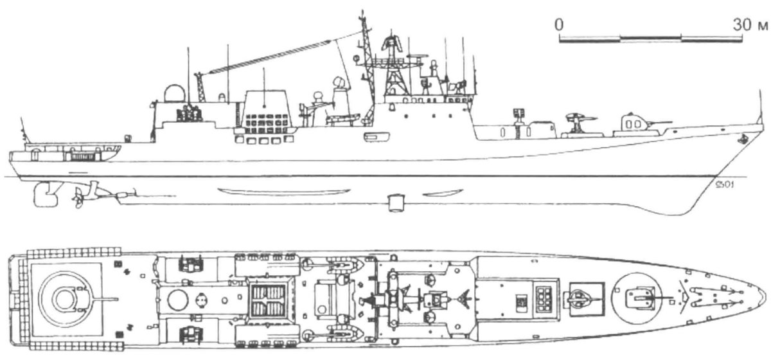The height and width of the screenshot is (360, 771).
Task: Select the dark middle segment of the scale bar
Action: coord(650,37)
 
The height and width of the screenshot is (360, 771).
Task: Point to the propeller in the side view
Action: coord(78,198)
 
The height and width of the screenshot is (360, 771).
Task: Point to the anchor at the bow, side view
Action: coord(741,139)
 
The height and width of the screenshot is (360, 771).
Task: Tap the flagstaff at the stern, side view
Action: coord(24,130)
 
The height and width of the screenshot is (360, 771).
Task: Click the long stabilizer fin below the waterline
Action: coord(284,191)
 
